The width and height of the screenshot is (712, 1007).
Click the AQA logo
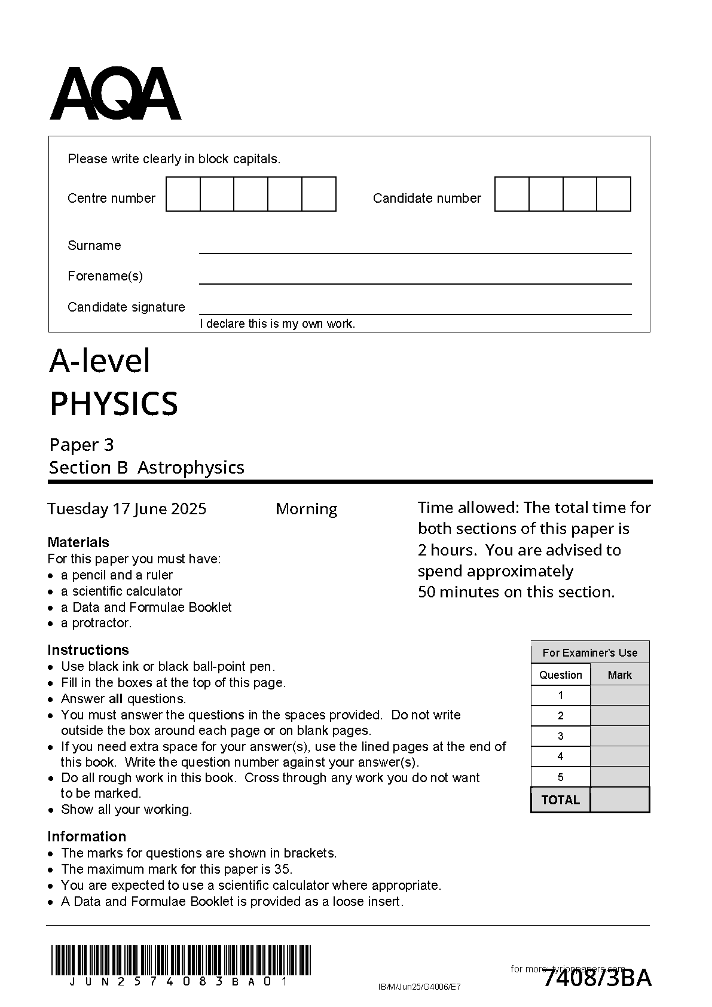[115, 94]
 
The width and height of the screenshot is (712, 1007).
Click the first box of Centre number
[183, 194]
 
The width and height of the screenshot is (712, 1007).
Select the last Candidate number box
[614, 194]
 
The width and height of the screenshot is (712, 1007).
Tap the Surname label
[94, 246]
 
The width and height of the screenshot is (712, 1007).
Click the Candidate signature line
[415, 313]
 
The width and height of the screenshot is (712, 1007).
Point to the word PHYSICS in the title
[114, 404]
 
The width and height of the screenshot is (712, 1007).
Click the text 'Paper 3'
[81, 445]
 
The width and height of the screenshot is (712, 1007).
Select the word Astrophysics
[191, 468]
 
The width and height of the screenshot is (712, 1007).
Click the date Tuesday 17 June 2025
[127, 509]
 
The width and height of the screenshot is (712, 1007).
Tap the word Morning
[306, 509]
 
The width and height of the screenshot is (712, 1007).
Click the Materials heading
[78, 542]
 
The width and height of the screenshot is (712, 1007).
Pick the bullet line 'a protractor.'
[96, 623]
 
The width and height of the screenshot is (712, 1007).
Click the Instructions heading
[88, 650]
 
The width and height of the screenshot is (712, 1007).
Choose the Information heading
[87, 837]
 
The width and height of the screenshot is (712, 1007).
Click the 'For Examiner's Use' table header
[589, 653]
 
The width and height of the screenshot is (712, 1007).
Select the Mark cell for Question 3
[619, 736]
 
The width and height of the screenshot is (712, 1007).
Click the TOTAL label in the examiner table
[560, 800]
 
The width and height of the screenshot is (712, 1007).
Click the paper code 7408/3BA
[597, 979]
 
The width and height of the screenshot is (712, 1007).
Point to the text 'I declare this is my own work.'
[277, 324]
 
